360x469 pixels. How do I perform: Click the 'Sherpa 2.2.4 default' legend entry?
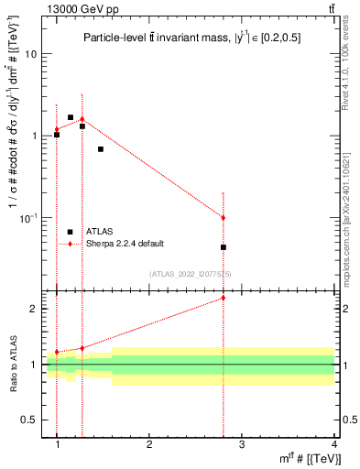coord(124,244)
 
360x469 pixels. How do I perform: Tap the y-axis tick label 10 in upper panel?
coord(30,54)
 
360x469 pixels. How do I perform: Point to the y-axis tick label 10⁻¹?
coord(27,217)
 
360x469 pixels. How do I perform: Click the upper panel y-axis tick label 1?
coord(34,136)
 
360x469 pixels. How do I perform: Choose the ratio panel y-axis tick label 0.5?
coord(29,420)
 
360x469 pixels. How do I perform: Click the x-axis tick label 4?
coord(334,443)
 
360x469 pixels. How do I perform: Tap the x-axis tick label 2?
coord(149,443)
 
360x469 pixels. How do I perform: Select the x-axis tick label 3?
coord(242,443)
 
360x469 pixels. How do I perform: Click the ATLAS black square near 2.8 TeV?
coord(224,247)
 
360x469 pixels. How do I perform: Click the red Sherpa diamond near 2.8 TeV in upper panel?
coord(224,217)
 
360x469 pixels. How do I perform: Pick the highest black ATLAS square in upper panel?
coord(71,117)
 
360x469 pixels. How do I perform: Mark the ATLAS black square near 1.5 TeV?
coord(100,148)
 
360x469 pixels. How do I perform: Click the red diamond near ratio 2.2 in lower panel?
coord(224,298)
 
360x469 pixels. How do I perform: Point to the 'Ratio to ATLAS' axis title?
coord(13,365)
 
